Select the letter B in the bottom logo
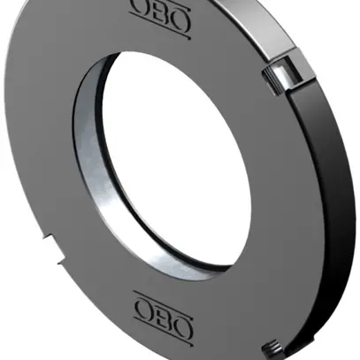coord(162,309)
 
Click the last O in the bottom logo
coord(180,310)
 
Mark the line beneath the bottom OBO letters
coord(162,325)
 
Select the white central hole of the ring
coord(177,159)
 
